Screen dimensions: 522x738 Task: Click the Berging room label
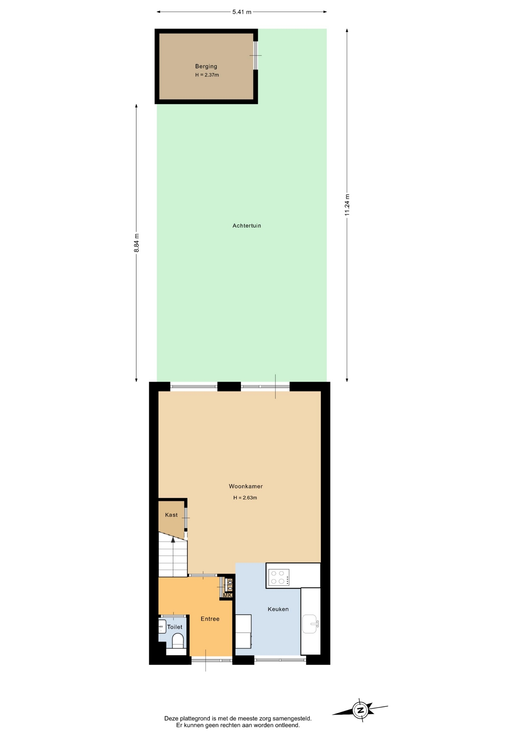206,66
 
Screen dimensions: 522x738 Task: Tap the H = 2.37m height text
207,75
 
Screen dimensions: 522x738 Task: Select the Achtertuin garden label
247,226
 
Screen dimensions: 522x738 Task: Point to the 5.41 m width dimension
242,12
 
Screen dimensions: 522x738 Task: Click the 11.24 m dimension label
347,205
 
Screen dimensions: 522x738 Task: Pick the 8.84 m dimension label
136,243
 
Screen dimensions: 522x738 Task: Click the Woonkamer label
246,486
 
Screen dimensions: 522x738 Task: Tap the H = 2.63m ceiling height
245,498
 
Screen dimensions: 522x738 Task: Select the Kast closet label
171,515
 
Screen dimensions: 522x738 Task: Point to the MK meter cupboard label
228,595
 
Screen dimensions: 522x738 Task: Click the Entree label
210,619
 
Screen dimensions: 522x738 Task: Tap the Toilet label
175,627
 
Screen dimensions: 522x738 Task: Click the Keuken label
278,609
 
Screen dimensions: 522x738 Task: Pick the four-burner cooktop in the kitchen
279,577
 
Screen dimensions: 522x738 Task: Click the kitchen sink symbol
310,624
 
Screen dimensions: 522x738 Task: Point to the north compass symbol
360,710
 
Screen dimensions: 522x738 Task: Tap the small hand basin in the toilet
162,627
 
